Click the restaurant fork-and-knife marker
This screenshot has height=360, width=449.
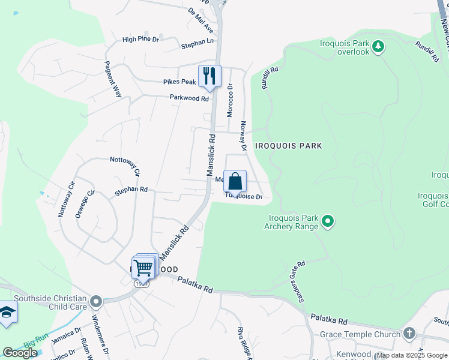pyautogui.click(x=209, y=76)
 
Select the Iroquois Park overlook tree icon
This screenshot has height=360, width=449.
pyautogui.click(x=378, y=46)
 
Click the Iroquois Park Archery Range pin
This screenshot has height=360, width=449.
pyautogui.click(x=328, y=222)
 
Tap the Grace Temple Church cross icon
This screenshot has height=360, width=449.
pyautogui.click(x=409, y=333)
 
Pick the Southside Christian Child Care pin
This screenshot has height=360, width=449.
pyautogui.click(x=97, y=300)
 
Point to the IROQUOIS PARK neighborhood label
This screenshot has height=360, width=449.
pyautogui.click(x=288, y=146)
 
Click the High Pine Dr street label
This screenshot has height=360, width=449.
pyautogui.click(x=140, y=40)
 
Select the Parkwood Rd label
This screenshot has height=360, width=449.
pyautogui.click(x=189, y=98)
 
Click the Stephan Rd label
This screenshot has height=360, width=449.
pyautogui.click(x=131, y=189)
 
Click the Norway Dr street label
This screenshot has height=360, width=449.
pyautogui.click(x=244, y=135)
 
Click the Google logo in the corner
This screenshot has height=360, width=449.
pyautogui.click(x=20, y=353)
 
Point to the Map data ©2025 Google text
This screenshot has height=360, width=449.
pyautogui.click(x=412, y=355)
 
